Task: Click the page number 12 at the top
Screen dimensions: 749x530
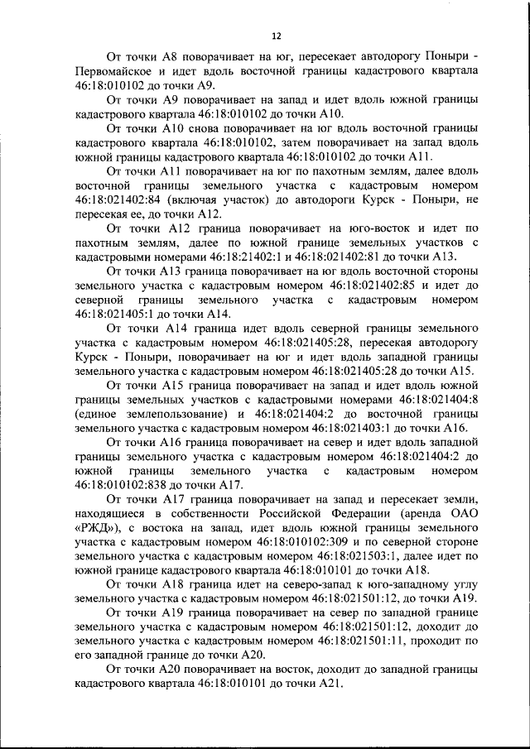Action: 277,36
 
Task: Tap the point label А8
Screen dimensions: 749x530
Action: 184,56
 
